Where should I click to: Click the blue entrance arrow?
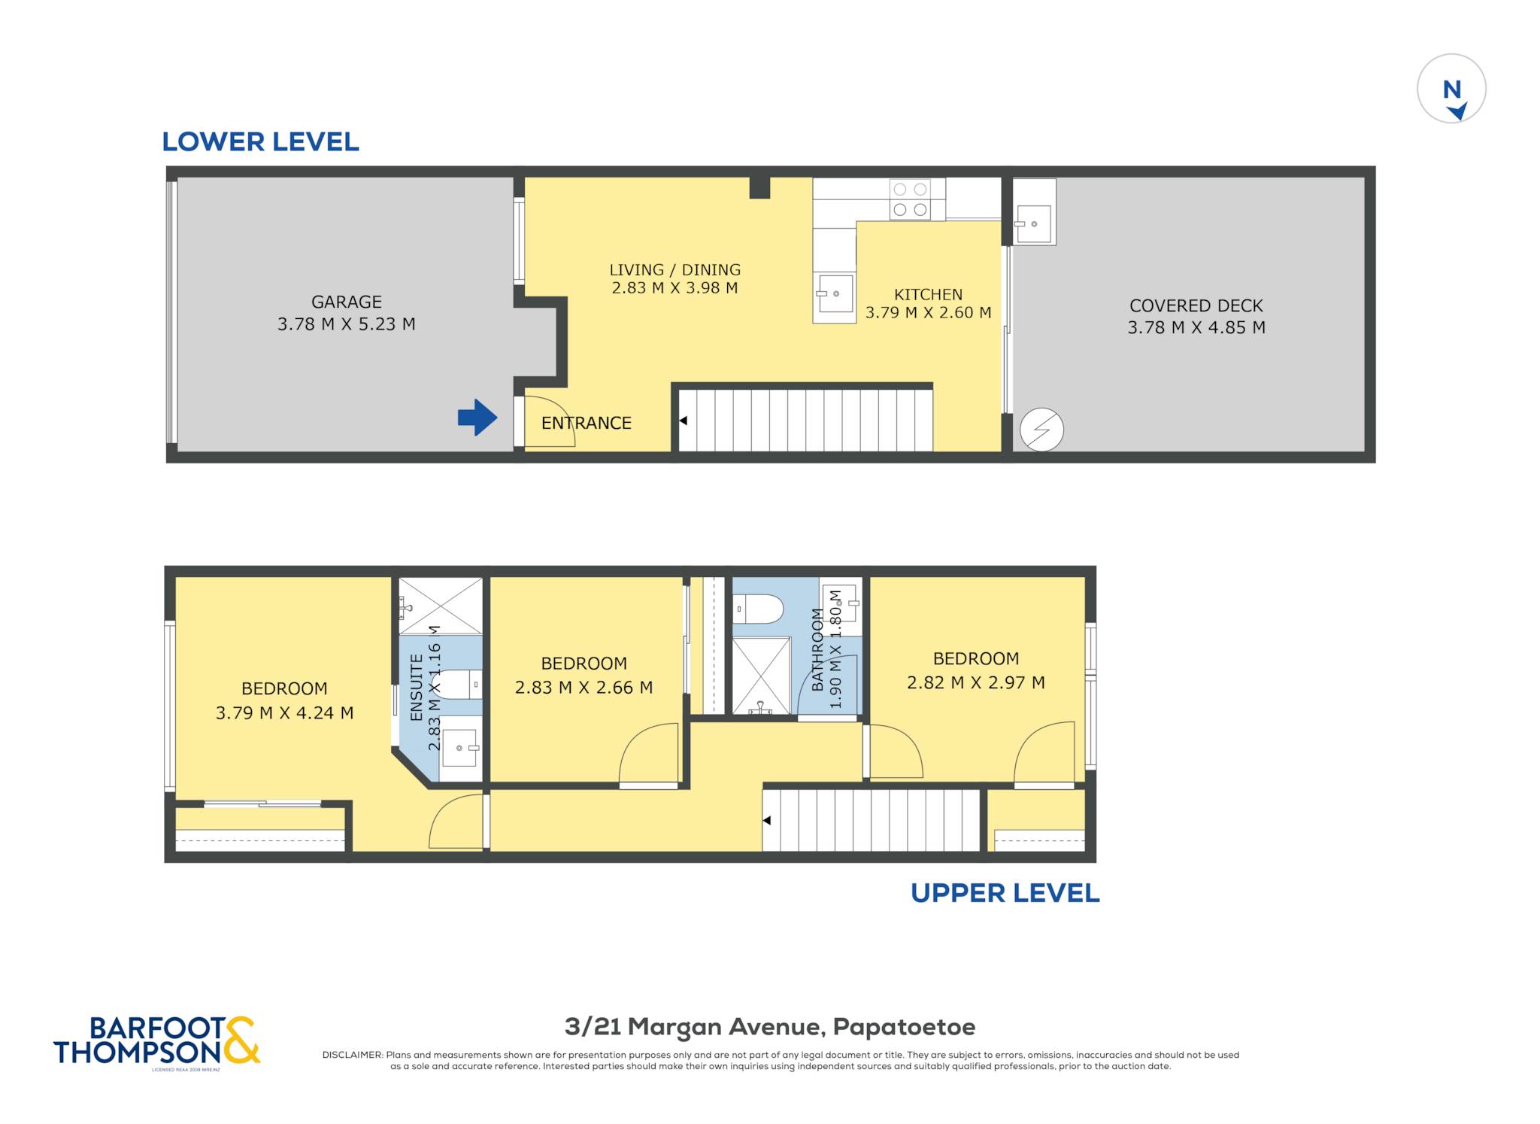tap(477, 417)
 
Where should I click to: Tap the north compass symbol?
tap(1451, 89)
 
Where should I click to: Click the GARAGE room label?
tap(347, 302)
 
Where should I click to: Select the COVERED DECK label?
tap(1196, 305)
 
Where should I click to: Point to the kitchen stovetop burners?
tap(910, 199)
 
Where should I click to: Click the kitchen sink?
tap(835, 293)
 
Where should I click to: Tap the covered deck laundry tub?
tap(1034, 223)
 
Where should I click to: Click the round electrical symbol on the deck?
tap(1041, 430)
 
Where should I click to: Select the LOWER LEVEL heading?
tap(260, 141)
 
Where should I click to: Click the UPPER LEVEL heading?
tap(1005, 893)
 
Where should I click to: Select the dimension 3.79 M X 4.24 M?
tap(284, 712)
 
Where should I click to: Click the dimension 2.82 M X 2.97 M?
tap(975, 682)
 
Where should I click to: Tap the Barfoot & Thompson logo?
tap(156, 1041)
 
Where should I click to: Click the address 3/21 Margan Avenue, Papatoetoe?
tap(770, 1026)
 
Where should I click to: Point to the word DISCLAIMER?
tap(352, 1055)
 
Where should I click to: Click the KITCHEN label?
tap(928, 294)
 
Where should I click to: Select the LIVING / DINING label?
tap(675, 269)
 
